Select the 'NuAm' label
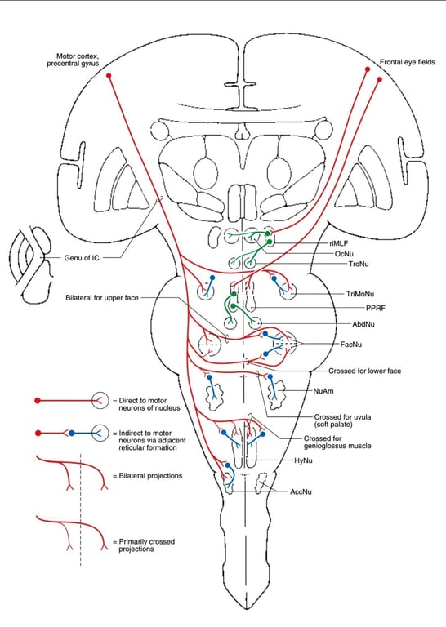point(323,391)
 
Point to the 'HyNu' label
point(305,462)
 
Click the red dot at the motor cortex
point(109,75)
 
